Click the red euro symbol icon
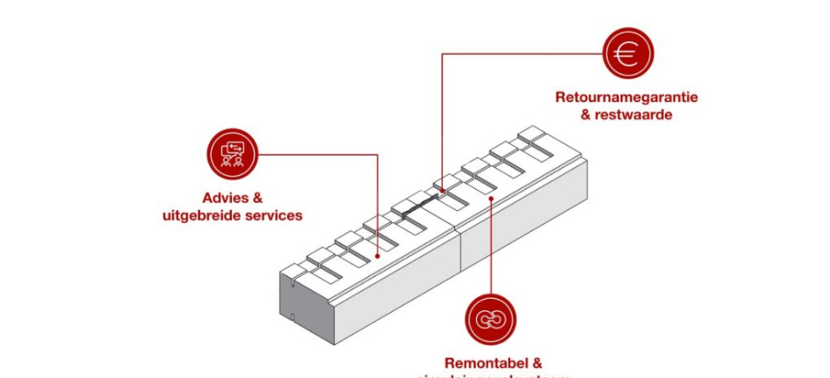click(626, 55)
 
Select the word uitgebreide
click(199, 215)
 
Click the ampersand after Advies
click(256, 199)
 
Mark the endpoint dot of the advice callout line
click(378, 257)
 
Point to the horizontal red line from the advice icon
click(316, 155)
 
